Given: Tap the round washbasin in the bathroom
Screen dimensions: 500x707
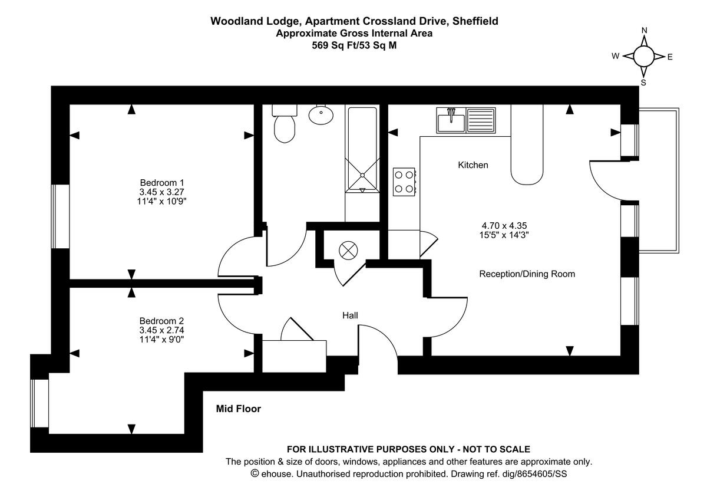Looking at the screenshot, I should click(x=321, y=114).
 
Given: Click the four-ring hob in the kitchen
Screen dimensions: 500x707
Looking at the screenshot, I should click(x=404, y=181).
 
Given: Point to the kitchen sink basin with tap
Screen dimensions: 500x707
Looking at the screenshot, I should click(x=451, y=121).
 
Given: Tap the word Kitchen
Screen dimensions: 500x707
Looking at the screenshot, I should click(x=473, y=165).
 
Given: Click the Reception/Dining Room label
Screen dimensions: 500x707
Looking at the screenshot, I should click(x=527, y=274).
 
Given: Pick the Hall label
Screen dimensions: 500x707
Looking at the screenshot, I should click(x=350, y=315).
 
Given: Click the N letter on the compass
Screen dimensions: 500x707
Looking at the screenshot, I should click(x=644, y=31).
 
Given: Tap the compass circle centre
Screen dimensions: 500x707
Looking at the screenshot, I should click(x=643, y=57).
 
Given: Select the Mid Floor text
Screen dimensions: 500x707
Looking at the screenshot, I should click(x=238, y=408).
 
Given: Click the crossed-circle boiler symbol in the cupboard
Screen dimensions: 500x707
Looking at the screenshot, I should click(x=348, y=250).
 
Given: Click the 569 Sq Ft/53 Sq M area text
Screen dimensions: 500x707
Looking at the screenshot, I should click(x=354, y=44).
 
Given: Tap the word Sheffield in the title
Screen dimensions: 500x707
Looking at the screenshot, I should click(x=474, y=21).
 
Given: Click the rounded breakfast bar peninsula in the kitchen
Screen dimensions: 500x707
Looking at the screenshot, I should click(x=527, y=153).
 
